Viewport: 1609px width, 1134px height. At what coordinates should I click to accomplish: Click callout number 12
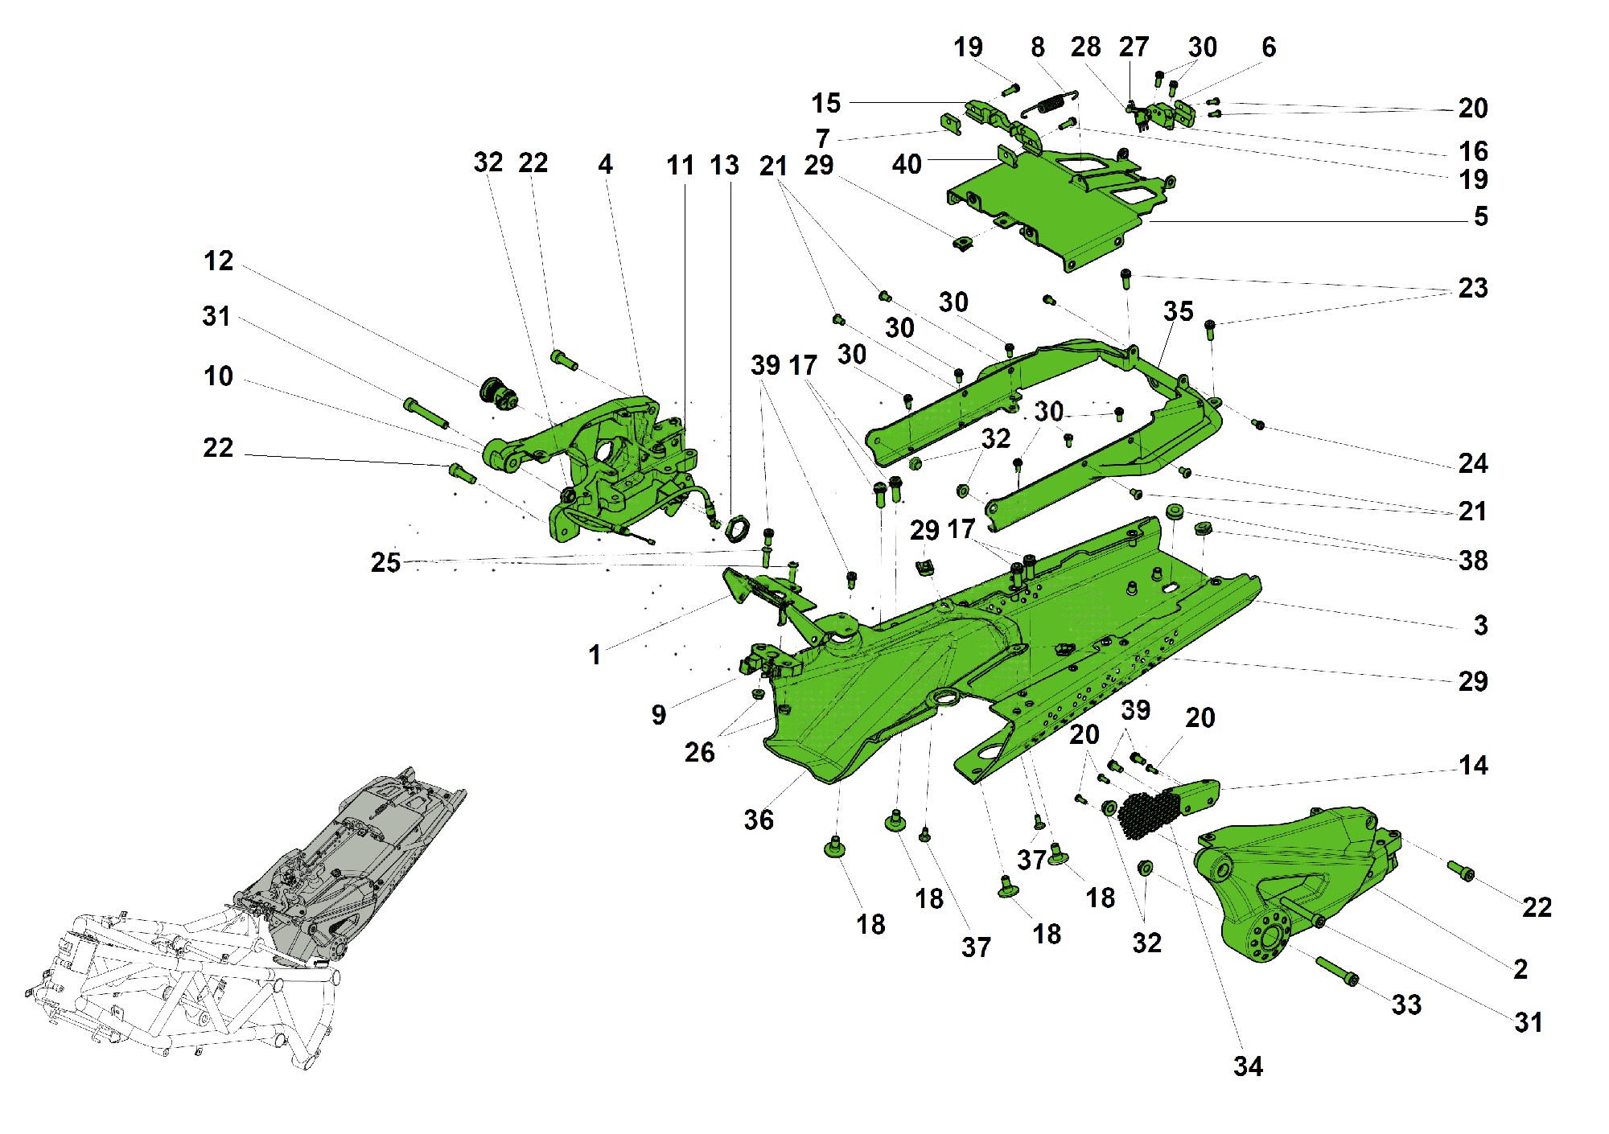coord(218,261)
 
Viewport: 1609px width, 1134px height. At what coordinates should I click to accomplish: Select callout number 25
coord(385,563)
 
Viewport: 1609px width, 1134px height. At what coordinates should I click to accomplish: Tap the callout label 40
coord(907,165)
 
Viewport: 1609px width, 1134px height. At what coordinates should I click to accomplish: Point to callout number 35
coord(1178,312)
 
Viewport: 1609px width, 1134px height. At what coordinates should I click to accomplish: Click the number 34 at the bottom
coord(1248,1067)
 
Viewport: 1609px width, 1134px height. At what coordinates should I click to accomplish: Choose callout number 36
coord(758,820)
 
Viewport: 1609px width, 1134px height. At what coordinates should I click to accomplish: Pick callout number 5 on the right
coord(1480,217)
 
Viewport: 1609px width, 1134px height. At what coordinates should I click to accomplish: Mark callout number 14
coord(1473,766)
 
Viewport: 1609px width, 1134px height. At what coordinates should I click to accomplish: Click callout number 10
coord(218,376)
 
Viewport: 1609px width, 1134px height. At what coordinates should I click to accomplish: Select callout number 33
coord(1406,1005)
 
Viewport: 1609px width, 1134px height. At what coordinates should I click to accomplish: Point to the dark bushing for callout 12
coord(498,393)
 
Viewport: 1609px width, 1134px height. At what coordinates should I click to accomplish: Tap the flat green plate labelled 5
coord(1046,209)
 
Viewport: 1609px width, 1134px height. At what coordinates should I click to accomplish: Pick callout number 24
coord(1473,464)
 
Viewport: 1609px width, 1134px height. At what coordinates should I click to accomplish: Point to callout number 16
coord(1473,151)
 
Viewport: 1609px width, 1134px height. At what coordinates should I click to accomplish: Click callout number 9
coord(659,715)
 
